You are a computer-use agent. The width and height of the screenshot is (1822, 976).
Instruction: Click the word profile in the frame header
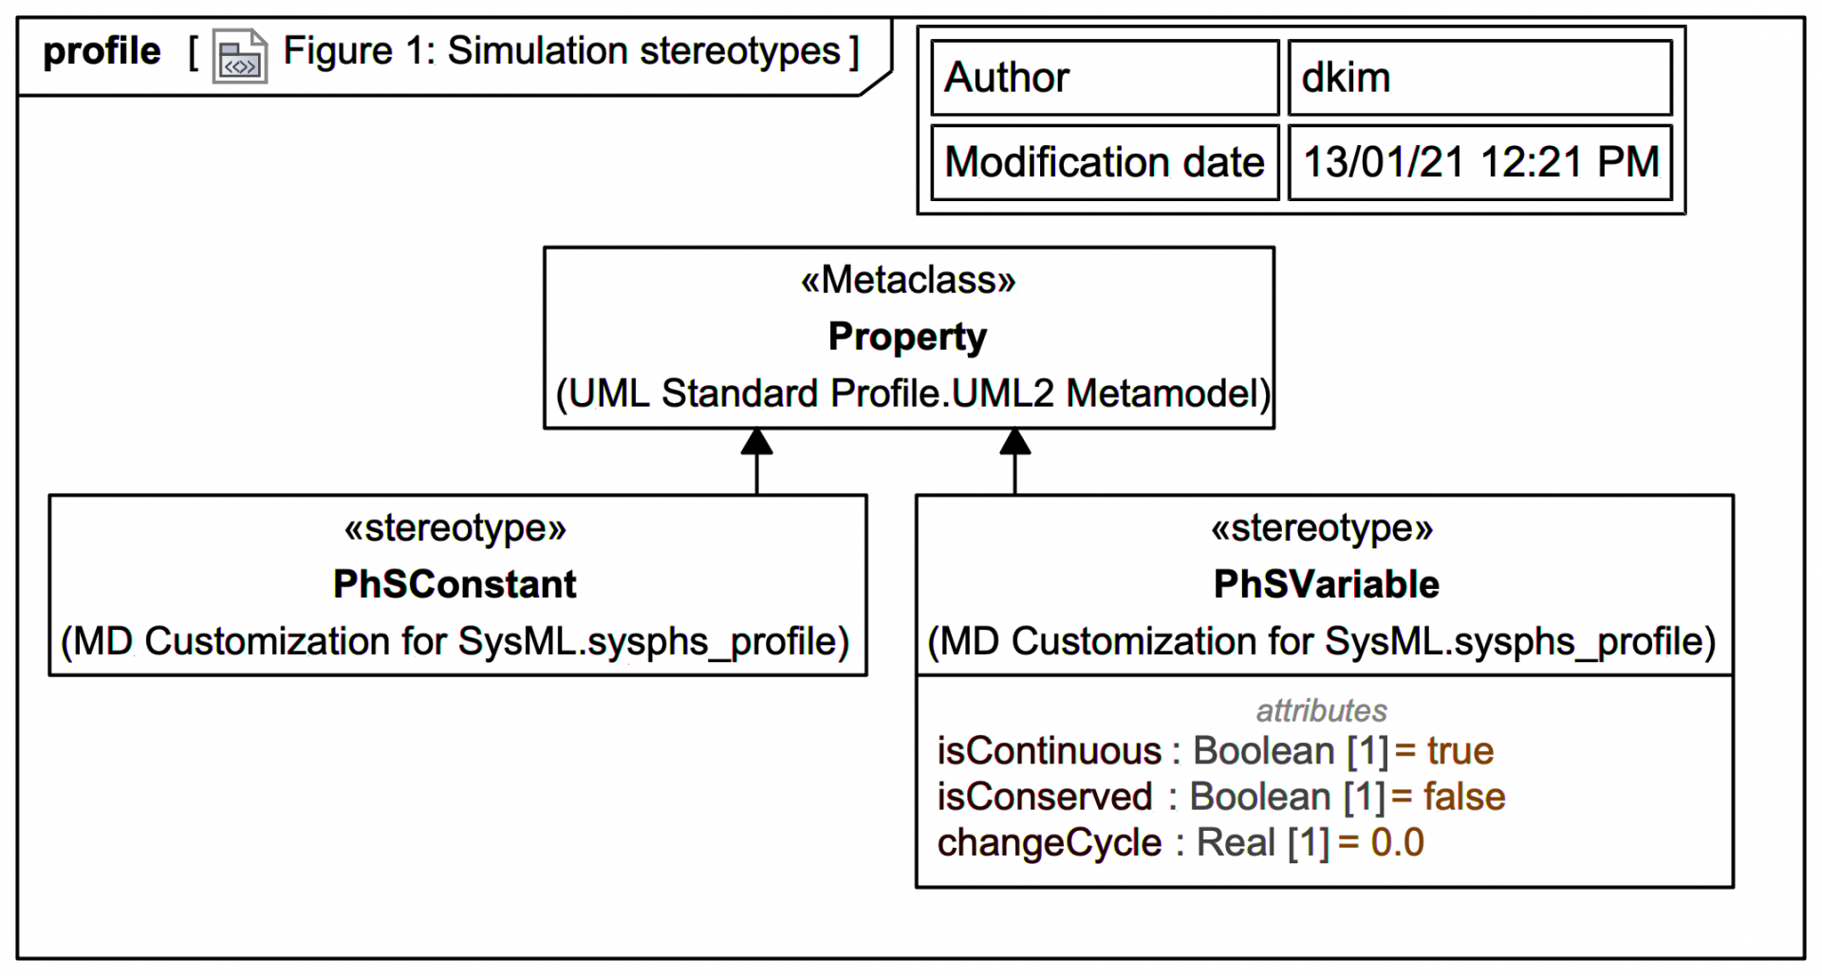tap(102, 51)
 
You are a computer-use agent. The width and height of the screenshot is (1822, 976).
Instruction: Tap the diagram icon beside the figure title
tap(239, 57)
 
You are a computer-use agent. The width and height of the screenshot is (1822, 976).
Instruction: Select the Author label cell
tap(1104, 78)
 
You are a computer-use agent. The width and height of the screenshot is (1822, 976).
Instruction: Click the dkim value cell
tap(1478, 78)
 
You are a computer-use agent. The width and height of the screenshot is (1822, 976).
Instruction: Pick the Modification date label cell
tap(1104, 162)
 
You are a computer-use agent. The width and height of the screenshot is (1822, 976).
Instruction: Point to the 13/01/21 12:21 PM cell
tap(1478, 162)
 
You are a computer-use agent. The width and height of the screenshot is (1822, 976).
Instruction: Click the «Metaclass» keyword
tap(908, 281)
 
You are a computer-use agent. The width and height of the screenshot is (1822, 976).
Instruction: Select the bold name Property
tap(907, 337)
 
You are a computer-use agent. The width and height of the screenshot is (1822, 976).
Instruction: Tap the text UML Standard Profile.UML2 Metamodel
tap(912, 394)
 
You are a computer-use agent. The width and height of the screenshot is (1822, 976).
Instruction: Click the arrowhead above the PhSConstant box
tap(756, 442)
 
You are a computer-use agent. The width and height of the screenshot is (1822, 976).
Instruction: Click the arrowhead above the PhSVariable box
tap(1014, 442)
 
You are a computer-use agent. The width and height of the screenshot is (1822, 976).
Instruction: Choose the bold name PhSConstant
tap(455, 584)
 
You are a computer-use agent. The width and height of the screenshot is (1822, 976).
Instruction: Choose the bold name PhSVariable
tap(1326, 584)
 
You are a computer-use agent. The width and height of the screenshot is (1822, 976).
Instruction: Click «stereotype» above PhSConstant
tap(455, 528)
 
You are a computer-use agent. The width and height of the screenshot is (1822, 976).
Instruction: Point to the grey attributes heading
tap(1321, 710)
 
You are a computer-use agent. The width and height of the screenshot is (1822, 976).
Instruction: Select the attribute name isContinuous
tap(1049, 751)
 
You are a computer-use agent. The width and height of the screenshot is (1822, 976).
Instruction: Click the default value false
tap(1463, 797)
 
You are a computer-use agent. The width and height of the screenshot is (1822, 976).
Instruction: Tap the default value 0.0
tap(1397, 842)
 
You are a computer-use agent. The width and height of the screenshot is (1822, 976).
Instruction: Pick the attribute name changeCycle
tap(1049, 843)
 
